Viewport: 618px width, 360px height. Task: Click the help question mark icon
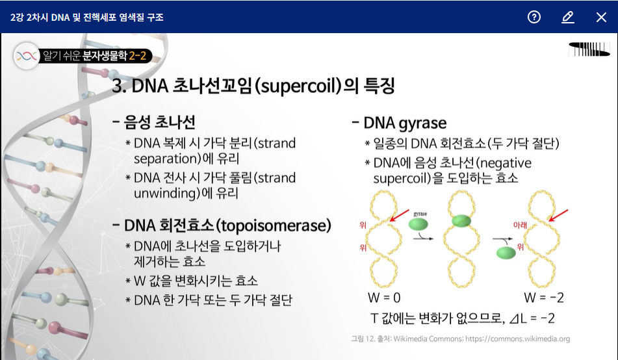point(534,17)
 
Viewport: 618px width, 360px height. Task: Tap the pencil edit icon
point(567,17)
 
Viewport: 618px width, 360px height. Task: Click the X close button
point(601,17)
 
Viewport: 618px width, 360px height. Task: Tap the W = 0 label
point(384,298)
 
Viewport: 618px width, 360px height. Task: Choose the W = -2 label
point(544,298)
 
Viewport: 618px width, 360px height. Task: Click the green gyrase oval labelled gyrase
point(418,224)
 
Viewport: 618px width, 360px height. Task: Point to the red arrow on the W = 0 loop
point(399,216)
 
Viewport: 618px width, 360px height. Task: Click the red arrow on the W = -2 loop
point(558,215)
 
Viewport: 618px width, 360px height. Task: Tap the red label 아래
point(520,225)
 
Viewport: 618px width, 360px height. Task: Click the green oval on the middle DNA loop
point(461,220)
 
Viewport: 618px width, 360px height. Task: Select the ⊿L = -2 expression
point(532,318)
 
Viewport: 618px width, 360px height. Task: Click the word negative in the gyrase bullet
point(506,163)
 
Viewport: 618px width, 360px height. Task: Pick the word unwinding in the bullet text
point(165,193)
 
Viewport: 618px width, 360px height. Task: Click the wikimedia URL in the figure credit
point(517,339)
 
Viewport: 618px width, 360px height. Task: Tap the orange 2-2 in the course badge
point(138,56)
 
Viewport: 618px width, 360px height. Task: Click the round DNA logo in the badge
point(27,56)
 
